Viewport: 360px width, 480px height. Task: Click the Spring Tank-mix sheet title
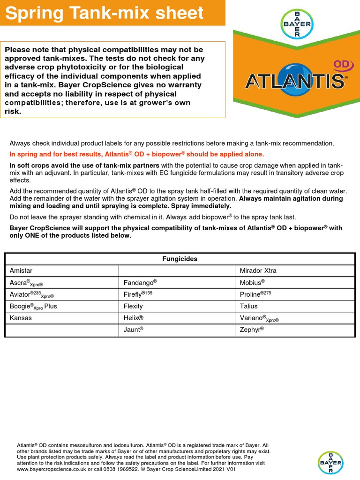point(105,13)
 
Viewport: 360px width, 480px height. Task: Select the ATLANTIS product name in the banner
point(295,81)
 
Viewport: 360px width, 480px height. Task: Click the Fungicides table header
point(180,259)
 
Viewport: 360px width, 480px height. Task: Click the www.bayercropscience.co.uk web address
point(52,469)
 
